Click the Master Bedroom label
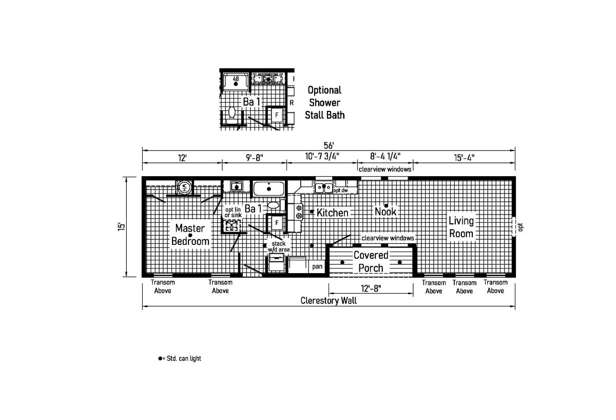tap(190, 235)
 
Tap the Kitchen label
tap(333, 213)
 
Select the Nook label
tap(386, 212)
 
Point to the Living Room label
tap(461, 227)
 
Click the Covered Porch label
tap(371, 261)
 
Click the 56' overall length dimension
tap(329, 145)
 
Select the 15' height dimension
tap(122, 226)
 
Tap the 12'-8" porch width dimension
tap(371, 289)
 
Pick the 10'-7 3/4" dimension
tap(322, 157)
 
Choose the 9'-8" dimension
tap(255, 158)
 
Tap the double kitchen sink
tap(324, 187)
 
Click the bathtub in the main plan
tap(268, 188)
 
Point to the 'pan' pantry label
tap(317, 266)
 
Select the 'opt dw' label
tap(341, 190)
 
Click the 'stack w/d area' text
tap(279, 246)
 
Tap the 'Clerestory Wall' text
tap(329, 301)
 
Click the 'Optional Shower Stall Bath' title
tap(324, 103)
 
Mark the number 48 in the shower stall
tap(236, 79)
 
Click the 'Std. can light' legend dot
tap(160, 358)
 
